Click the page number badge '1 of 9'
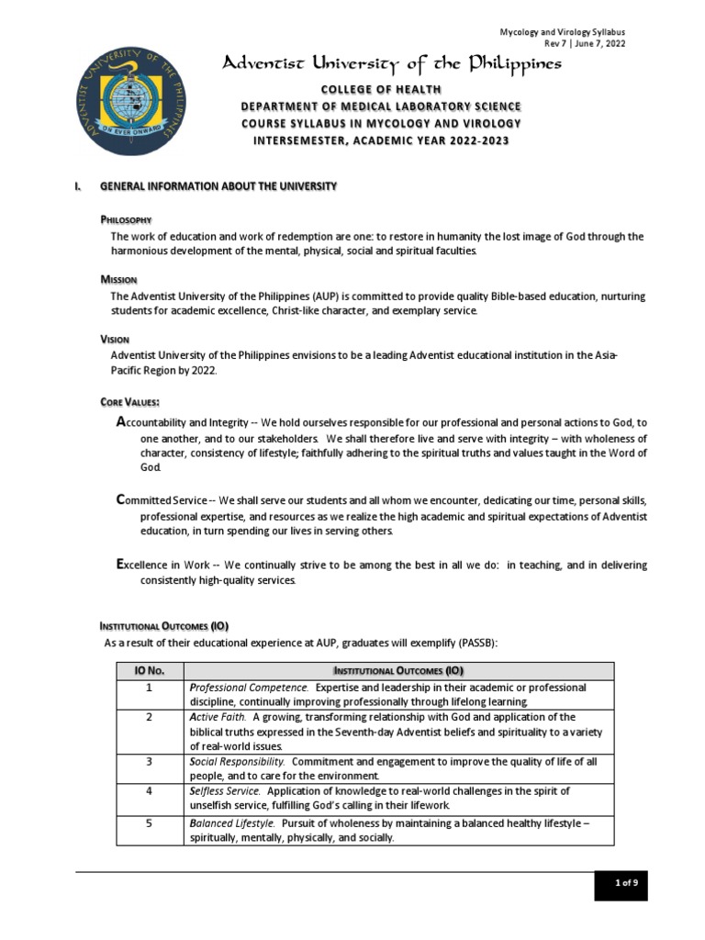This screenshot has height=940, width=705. pos(626,883)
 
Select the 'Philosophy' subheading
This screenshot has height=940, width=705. pos(126,220)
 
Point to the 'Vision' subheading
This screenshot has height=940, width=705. pos(115,339)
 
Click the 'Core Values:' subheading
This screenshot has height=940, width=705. pos(130,402)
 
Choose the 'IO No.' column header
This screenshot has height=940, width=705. pos(149,671)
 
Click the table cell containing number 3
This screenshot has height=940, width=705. pos(149,762)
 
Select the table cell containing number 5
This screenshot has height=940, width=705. pos(149,823)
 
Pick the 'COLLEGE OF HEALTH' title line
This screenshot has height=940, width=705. pos(380,89)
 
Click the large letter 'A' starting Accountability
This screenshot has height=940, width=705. pos(121,421)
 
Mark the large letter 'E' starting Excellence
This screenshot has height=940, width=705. pos(120,565)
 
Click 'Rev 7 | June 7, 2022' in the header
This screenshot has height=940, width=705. pos(586,44)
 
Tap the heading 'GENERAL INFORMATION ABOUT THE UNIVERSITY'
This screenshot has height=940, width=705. pos(218,186)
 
